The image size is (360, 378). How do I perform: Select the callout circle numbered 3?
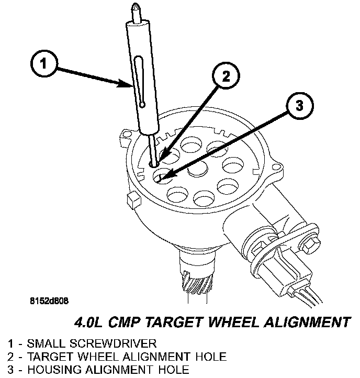point(298,106)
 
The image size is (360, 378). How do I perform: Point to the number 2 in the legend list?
point(11,357)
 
